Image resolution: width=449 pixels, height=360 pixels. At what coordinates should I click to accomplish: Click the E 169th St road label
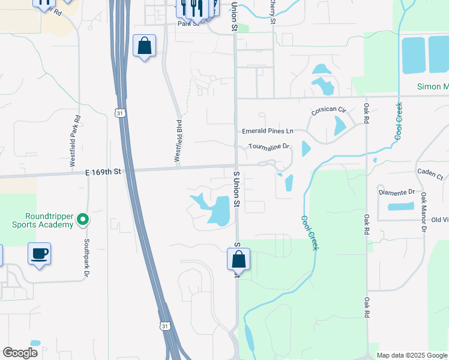(x=103, y=172)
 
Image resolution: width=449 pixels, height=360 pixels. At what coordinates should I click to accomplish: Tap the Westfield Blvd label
(x=178, y=140)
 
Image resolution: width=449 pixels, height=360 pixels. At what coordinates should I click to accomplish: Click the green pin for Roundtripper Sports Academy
(x=83, y=220)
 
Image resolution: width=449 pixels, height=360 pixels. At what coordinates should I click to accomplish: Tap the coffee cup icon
(x=40, y=254)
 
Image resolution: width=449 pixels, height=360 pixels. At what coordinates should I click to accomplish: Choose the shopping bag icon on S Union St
(x=238, y=260)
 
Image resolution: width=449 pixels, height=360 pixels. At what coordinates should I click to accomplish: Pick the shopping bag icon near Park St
(x=144, y=46)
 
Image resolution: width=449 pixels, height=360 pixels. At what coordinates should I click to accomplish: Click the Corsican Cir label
(x=329, y=111)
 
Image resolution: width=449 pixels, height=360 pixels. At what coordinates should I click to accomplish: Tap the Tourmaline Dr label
(x=270, y=146)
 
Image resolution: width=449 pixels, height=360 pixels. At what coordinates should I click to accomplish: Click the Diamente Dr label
(x=397, y=192)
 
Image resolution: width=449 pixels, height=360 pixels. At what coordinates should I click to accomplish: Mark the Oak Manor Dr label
(x=423, y=211)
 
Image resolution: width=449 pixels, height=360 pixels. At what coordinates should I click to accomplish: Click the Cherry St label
(x=273, y=11)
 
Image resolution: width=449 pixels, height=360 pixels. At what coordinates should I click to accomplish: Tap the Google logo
(x=20, y=353)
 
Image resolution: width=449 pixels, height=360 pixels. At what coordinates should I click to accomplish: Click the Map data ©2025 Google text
(x=411, y=355)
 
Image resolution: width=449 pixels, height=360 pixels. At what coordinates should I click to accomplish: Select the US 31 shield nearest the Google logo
(x=164, y=325)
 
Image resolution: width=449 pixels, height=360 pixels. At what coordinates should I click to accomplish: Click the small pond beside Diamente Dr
(x=400, y=207)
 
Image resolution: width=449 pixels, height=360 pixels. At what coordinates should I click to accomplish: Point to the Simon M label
(x=433, y=87)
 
